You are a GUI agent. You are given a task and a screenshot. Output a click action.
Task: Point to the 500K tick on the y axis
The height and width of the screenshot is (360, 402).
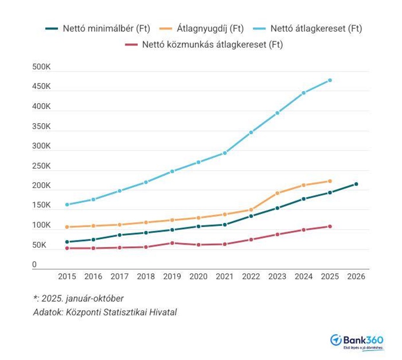coord(41,67)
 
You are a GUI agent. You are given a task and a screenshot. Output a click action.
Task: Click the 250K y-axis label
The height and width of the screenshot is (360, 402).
coord(41,166)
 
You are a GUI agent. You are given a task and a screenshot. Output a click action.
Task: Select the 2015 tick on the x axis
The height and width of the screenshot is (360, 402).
coord(67,276)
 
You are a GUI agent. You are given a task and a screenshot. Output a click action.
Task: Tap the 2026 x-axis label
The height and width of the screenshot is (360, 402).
coord(356,276)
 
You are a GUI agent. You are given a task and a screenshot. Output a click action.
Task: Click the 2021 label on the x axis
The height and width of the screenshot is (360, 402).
coord(225,276)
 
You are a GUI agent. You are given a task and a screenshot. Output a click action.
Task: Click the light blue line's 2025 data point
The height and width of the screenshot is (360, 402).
coord(330,80)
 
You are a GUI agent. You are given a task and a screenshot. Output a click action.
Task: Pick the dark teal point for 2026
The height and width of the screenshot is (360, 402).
coord(356,184)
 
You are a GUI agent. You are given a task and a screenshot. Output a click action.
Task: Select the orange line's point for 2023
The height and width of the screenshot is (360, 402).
coord(277,193)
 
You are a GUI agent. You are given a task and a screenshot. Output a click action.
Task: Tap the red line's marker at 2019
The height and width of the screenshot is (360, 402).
coord(172,243)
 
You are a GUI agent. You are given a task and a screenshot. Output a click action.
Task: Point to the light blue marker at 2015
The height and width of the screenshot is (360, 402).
coord(67,205)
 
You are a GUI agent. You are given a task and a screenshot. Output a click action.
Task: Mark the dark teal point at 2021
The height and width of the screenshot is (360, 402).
coord(225,224)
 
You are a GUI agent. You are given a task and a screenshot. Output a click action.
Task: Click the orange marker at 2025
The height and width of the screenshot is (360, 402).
coord(330,181)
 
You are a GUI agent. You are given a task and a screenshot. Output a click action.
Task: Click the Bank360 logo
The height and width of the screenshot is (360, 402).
coord(357,341)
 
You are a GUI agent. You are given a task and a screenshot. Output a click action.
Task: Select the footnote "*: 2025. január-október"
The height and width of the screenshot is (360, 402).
coord(78,299)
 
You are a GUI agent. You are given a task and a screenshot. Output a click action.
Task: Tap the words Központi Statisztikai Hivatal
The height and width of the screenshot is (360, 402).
coord(121,312)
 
